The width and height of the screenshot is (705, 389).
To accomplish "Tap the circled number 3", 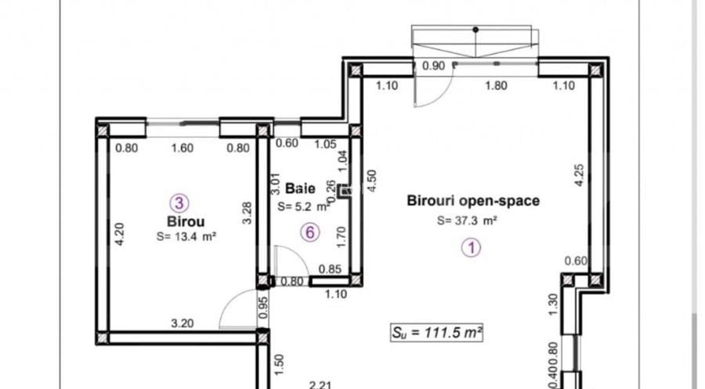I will [x=180, y=204].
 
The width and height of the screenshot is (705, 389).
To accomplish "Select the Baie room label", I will [x=301, y=189].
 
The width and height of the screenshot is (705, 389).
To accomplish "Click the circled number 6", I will [x=311, y=232].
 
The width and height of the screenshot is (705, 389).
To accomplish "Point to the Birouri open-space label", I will [x=473, y=201].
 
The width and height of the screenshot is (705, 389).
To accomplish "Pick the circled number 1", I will [x=472, y=248].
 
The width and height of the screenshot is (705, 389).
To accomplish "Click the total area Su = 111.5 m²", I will [x=436, y=332].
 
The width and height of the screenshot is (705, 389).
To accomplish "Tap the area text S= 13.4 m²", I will [x=185, y=236].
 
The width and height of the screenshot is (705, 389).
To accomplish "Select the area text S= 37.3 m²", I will [x=468, y=221].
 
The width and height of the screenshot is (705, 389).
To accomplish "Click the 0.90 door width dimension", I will [x=433, y=66].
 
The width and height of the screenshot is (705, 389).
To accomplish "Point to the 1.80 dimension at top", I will [x=497, y=86].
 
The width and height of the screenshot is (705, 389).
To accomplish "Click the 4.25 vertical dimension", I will [x=579, y=174].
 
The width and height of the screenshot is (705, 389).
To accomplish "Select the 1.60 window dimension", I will [x=182, y=147].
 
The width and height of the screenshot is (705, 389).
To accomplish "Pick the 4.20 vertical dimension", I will [x=119, y=236].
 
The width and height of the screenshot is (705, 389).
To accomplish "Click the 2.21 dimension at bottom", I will [x=317, y=384].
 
